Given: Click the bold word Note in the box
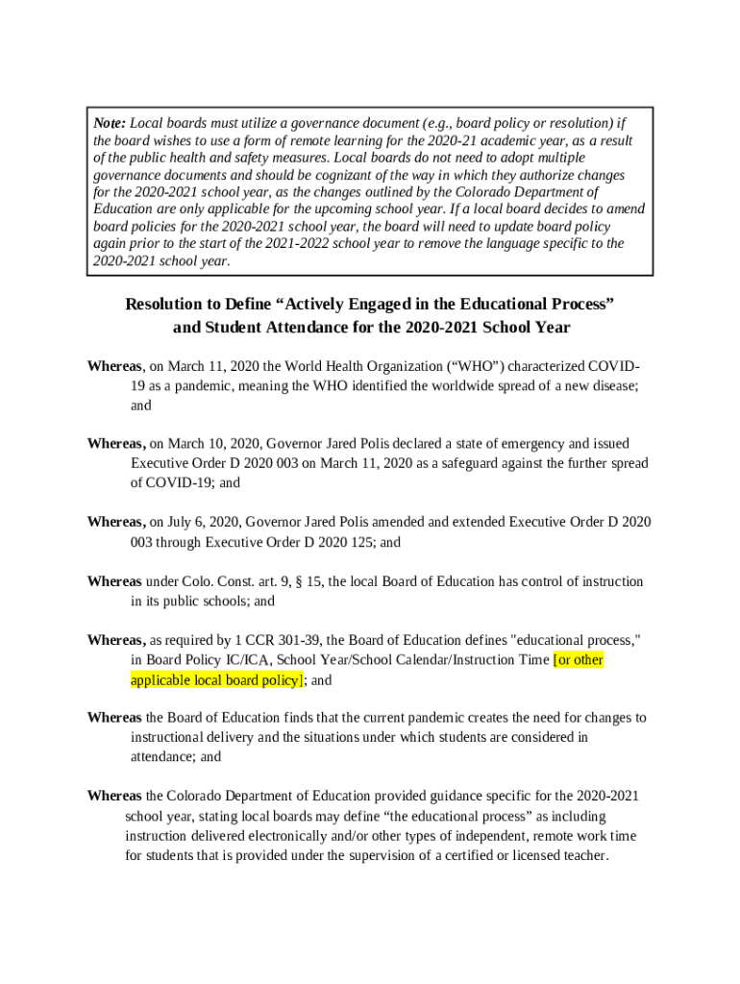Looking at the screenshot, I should pyautogui.click(x=109, y=123).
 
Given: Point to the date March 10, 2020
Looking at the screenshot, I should pyautogui.click(x=212, y=444).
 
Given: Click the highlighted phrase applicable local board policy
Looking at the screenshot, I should pyautogui.click(x=215, y=680).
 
